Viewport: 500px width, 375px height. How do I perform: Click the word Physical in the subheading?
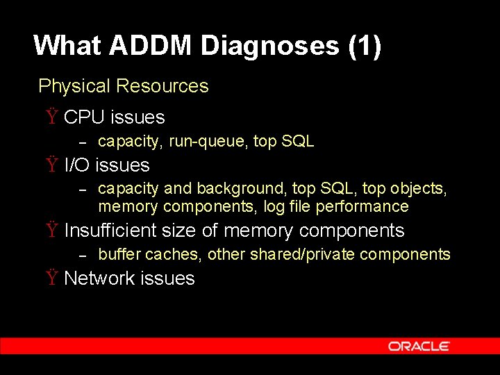[74, 86]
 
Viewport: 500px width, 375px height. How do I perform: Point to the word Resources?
[162, 86]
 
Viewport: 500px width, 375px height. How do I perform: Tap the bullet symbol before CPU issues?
[52, 117]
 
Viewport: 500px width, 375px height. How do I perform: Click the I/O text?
[77, 165]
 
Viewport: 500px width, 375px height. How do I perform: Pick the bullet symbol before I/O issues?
[52, 165]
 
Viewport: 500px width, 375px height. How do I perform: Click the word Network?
[99, 278]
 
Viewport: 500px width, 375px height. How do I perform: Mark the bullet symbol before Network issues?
[52, 278]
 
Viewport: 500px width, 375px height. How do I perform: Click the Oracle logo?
[419, 346]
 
